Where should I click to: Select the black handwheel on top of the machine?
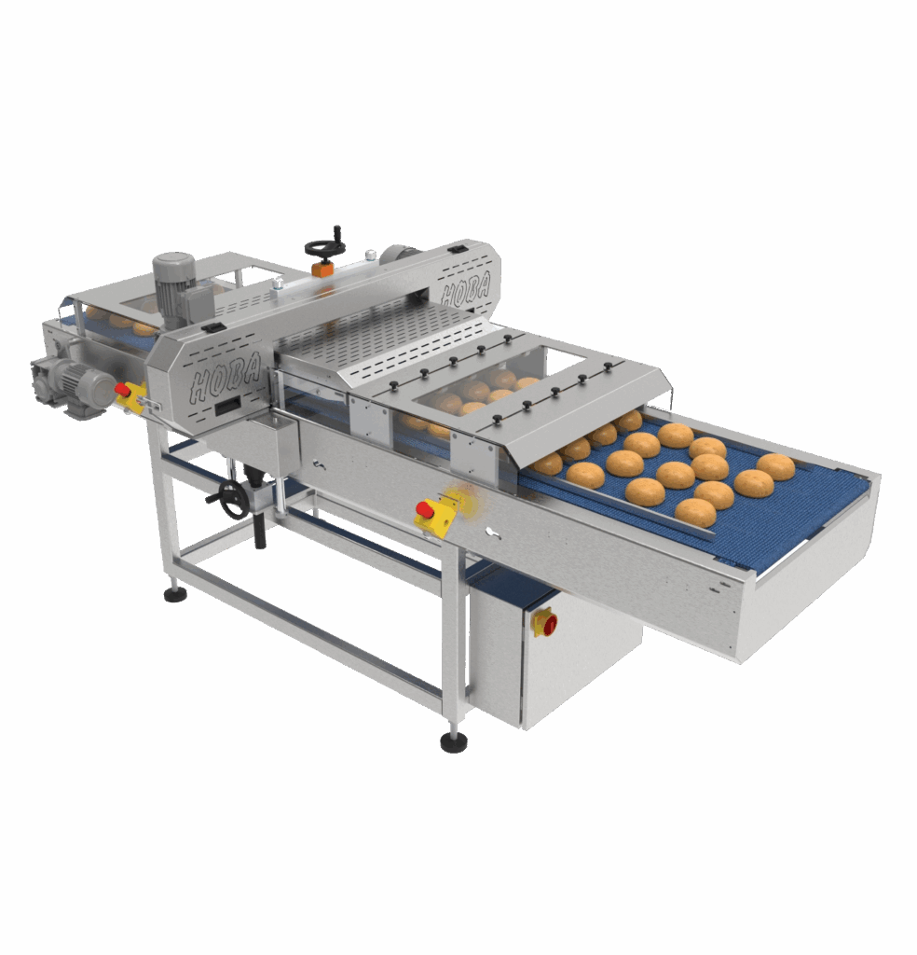[325, 247]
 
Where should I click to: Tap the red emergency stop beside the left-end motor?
[123, 389]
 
